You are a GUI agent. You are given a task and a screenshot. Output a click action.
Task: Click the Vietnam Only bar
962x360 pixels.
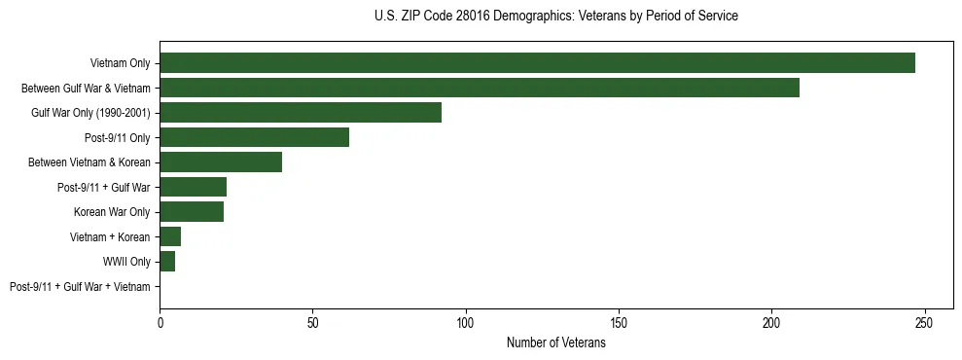pos(537,63)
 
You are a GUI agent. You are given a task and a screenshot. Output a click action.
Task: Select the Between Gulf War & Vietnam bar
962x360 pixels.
pos(480,88)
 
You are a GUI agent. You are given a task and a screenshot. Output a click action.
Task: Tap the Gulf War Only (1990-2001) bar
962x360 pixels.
pos(301,113)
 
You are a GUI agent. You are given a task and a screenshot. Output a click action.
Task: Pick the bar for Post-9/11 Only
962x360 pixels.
pos(254,137)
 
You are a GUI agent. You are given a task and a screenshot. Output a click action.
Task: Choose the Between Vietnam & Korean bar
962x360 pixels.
pos(221,162)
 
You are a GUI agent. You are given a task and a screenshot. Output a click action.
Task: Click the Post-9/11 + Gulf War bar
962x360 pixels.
pos(193,187)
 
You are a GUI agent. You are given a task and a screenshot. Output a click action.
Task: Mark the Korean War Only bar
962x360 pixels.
pos(192,212)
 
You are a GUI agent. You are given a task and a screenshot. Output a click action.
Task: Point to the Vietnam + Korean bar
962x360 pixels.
pos(170,236)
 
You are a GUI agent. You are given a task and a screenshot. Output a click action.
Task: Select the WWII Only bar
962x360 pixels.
pos(167,262)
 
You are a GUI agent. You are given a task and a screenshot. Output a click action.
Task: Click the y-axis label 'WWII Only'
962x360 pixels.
pos(126,262)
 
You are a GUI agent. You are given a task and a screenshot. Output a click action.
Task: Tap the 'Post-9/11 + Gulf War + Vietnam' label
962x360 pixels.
pos(80,287)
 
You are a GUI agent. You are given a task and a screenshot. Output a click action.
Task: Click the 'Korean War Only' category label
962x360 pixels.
pos(112,212)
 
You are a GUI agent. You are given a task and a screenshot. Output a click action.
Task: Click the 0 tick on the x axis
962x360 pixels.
pos(160,324)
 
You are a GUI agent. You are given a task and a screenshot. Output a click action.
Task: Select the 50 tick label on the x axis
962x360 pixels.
pos(312,324)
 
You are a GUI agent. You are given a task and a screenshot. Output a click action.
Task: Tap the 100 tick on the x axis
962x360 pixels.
pos(466,324)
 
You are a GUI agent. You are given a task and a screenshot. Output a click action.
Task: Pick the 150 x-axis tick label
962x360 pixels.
pos(619,324)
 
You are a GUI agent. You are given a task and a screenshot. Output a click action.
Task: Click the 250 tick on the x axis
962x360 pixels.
pos(925,324)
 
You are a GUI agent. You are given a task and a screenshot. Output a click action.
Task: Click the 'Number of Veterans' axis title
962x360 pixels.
pos(555,343)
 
